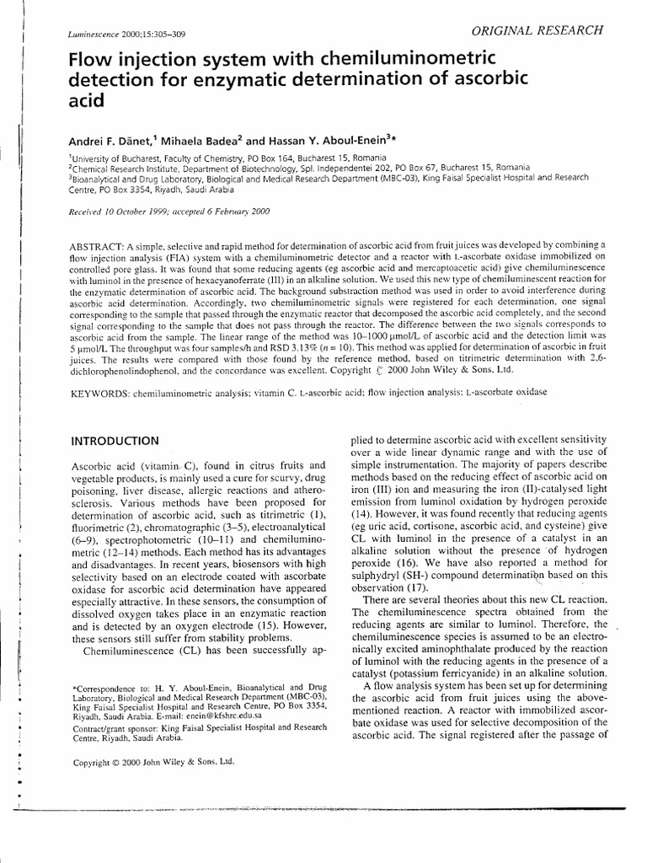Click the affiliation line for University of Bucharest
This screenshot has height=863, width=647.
point(227,158)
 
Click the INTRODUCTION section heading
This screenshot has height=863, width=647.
point(114,441)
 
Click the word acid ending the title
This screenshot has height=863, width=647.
point(85,100)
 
